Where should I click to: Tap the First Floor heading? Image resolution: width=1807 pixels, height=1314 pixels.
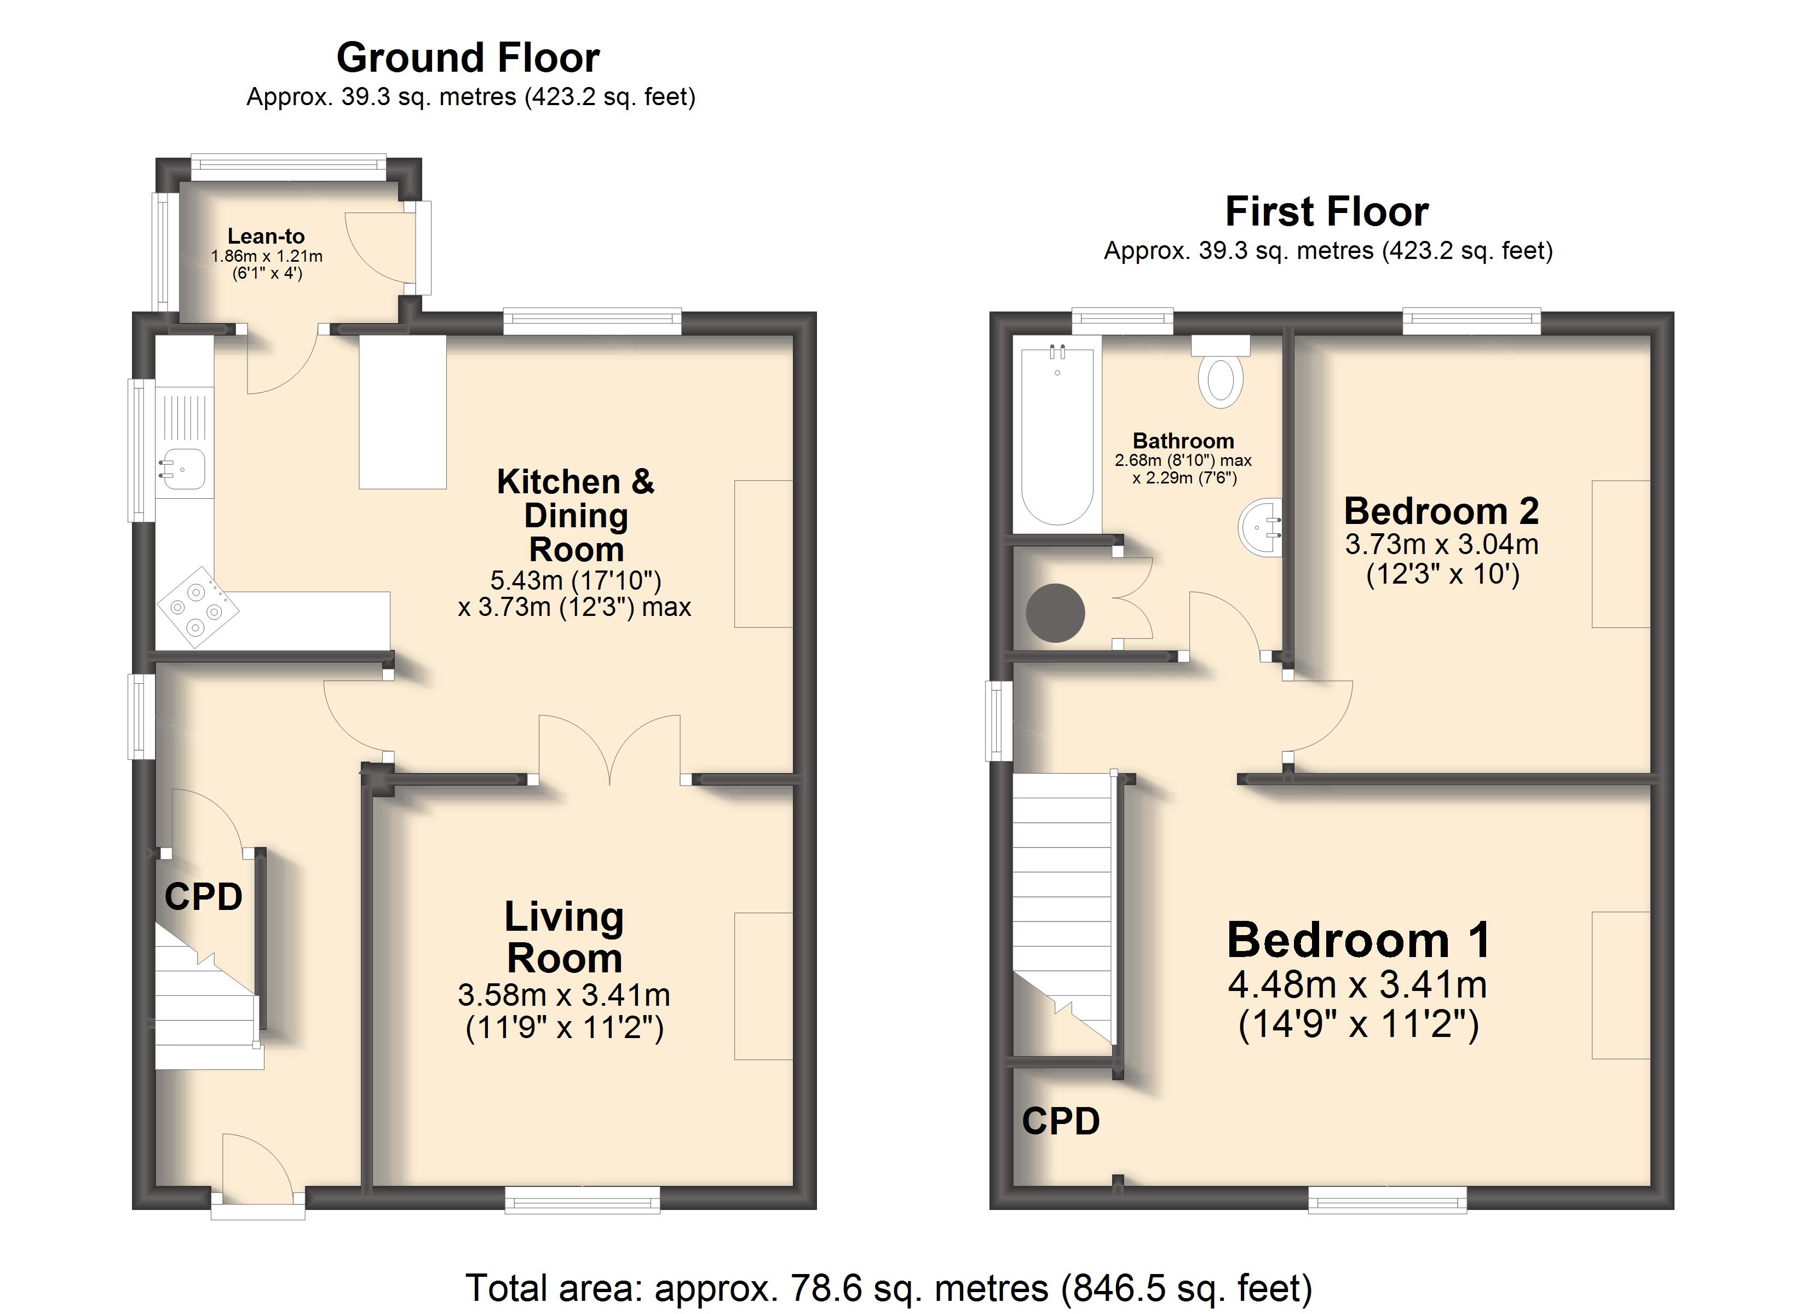(1327, 212)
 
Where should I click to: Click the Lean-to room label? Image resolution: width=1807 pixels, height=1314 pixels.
(266, 236)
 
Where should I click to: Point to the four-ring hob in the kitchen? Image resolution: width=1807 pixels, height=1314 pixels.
(198, 608)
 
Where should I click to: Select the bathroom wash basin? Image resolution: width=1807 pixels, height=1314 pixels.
(1261, 527)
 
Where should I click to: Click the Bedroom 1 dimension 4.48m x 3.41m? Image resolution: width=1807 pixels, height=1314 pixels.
(1357, 985)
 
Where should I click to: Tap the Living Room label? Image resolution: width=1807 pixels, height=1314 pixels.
(564, 937)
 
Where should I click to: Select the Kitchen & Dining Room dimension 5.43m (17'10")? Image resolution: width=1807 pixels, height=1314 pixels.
(576, 580)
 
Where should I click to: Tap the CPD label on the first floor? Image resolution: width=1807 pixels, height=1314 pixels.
(1061, 1122)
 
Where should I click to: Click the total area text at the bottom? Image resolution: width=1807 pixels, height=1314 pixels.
(888, 1288)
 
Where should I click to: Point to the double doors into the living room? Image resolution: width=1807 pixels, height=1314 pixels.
(609, 749)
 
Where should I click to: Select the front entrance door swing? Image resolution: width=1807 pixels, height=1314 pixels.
(257, 1166)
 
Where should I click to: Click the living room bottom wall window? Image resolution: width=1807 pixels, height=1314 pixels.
(583, 1199)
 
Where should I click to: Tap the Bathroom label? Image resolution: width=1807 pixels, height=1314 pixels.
(1183, 441)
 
